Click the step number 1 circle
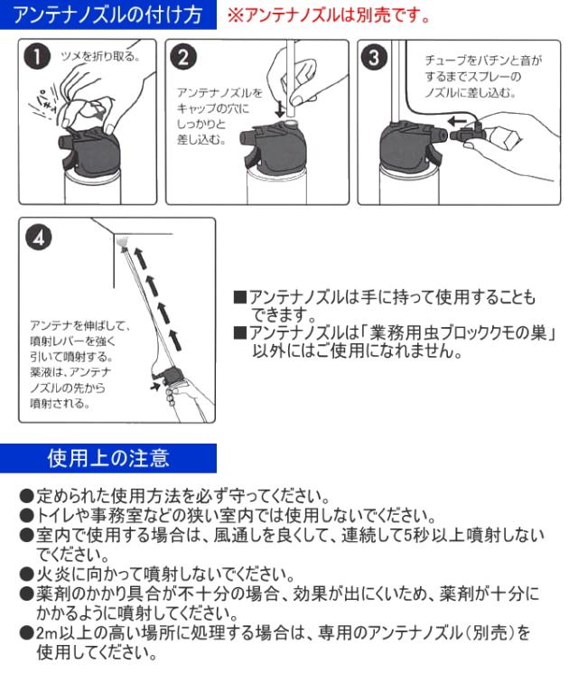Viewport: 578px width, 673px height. point(37,57)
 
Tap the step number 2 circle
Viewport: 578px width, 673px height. point(183,57)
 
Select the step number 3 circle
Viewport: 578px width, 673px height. point(374,58)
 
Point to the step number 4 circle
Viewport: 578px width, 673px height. point(38,238)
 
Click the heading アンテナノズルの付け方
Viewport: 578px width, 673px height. point(107,14)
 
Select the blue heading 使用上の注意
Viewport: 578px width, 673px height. point(108,458)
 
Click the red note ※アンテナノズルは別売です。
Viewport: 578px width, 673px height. point(329,15)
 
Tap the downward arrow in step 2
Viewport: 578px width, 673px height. point(280,109)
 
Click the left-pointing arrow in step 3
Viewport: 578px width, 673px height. point(457,121)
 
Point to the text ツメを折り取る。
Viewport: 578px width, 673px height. point(100,56)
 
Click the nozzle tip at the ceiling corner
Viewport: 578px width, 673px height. point(123,241)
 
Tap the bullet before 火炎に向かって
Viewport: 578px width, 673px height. point(26,574)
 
